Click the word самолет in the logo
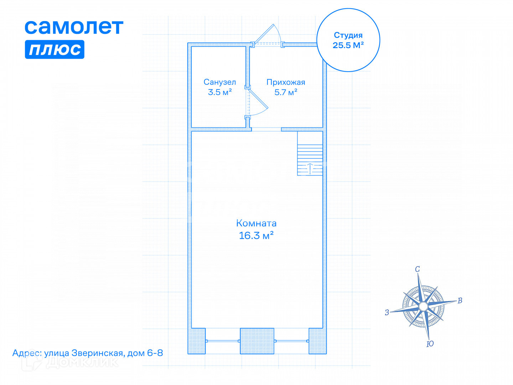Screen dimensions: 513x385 (x=74, y=27)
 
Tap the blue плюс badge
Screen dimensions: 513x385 (x=55, y=49)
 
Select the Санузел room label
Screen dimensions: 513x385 (x=219, y=82)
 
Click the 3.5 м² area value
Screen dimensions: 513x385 (x=220, y=92)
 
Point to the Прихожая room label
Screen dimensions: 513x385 (x=286, y=82)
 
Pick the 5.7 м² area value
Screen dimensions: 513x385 (x=286, y=92)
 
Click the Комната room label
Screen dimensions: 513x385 (x=256, y=223)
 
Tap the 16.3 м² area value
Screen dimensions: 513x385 (x=256, y=235)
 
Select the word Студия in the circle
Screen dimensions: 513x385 (x=348, y=35)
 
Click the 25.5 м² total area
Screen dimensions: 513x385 (x=348, y=45)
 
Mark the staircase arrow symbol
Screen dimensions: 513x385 (x=310, y=168)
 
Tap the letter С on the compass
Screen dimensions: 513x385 (x=418, y=269)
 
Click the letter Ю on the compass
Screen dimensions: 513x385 (x=430, y=344)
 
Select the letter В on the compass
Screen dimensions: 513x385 (x=460, y=301)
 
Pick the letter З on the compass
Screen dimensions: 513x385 (x=387, y=313)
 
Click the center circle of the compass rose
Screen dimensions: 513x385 (x=423, y=306)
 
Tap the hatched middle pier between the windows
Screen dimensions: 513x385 (x=257, y=341)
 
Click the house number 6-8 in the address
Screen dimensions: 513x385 (x=155, y=353)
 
